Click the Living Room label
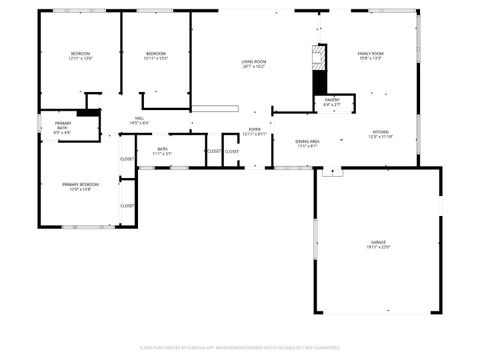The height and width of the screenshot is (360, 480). pyautogui.click(x=253, y=62)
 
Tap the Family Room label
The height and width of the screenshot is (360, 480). pyautogui.click(x=371, y=54)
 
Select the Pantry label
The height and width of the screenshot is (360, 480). pyautogui.click(x=331, y=101)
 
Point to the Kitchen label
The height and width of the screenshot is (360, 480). pyautogui.click(x=381, y=132)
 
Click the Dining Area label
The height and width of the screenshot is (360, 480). pyautogui.click(x=307, y=142)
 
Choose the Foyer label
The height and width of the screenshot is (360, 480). pyautogui.click(x=255, y=130)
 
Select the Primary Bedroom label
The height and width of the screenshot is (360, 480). pyautogui.click(x=80, y=185)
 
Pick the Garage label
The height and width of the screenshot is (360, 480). pyautogui.click(x=378, y=242)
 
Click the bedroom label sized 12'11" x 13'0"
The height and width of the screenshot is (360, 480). pyautogui.click(x=80, y=54)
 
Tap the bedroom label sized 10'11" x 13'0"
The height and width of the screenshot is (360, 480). pyautogui.click(x=155, y=54)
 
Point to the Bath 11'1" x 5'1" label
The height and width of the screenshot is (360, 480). pyautogui.click(x=162, y=150)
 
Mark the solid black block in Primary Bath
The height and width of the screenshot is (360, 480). pyautogui.click(x=88, y=113)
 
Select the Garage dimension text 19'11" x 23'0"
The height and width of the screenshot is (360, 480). pyautogui.click(x=378, y=247)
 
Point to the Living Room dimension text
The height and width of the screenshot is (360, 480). pyautogui.click(x=253, y=67)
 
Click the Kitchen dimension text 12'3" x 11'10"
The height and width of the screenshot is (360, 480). pyautogui.click(x=381, y=137)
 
